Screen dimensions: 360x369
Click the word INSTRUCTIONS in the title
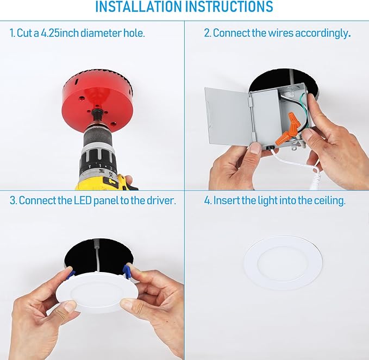(x=230, y=7)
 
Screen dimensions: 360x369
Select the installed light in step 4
(x=283, y=262)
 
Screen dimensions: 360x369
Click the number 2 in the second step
(x=207, y=33)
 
